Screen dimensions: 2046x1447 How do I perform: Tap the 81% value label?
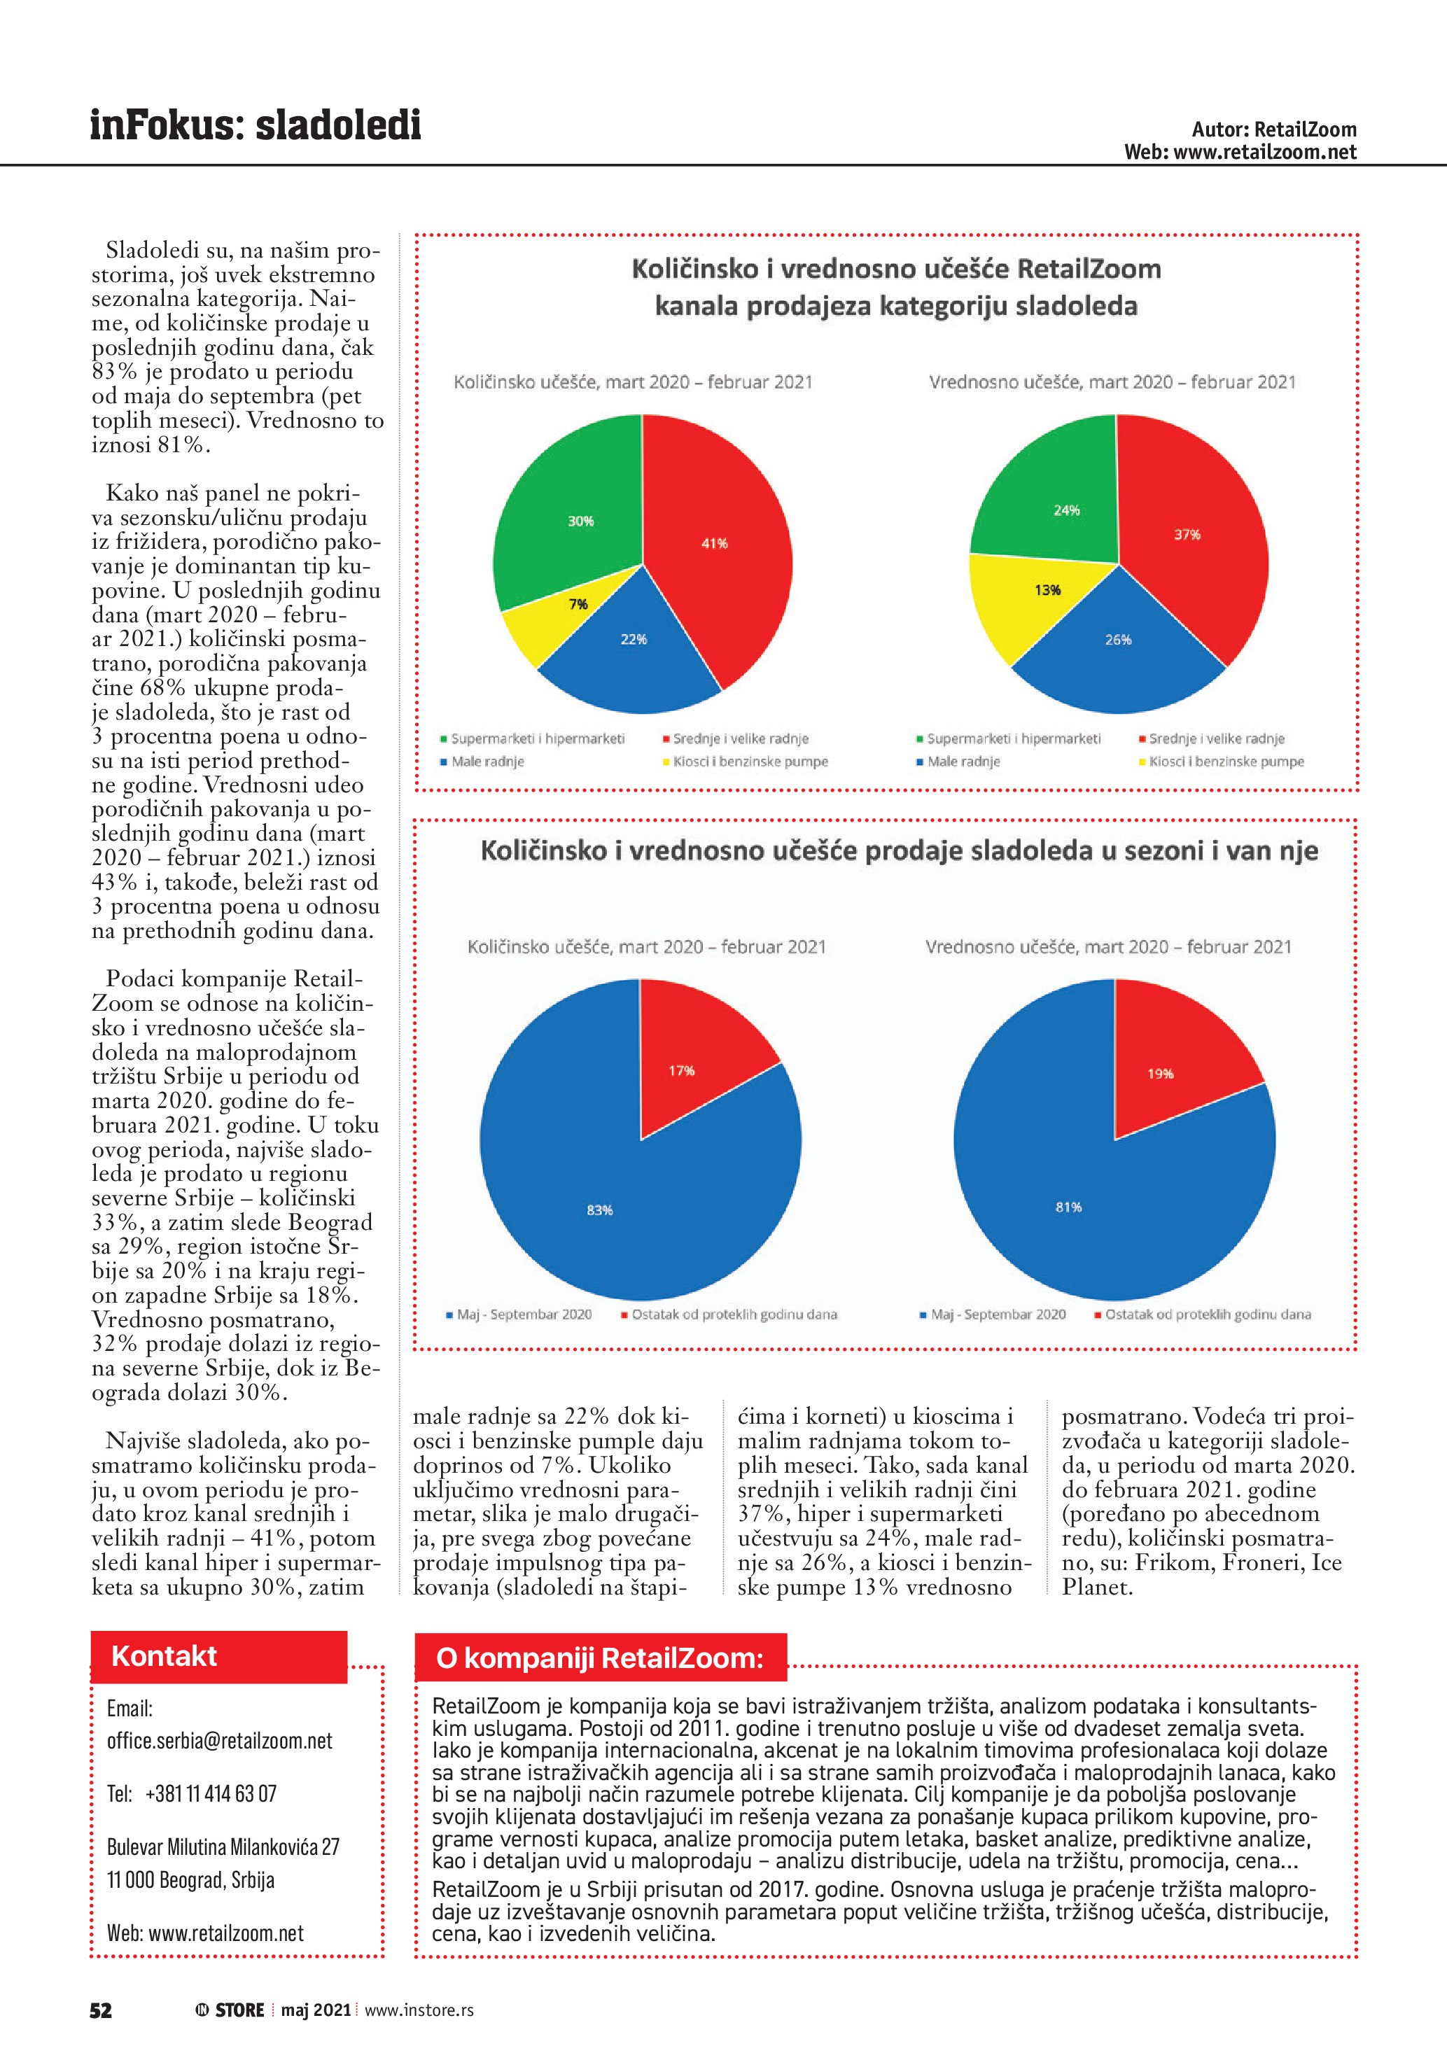(x=1068, y=1207)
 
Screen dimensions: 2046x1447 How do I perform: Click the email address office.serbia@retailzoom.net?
(x=219, y=1740)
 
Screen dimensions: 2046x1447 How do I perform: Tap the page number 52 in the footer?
(x=101, y=2010)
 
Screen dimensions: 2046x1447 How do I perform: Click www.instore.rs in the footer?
(x=419, y=2010)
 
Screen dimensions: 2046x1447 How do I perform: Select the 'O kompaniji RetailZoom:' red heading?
(x=600, y=1658)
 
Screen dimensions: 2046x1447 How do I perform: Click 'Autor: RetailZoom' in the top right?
(x=1273, y=130)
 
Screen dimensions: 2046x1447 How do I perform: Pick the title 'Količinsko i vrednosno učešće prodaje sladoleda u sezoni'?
(x=898, y=850)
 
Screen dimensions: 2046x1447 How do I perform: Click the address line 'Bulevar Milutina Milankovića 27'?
(x=223, y=1847)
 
